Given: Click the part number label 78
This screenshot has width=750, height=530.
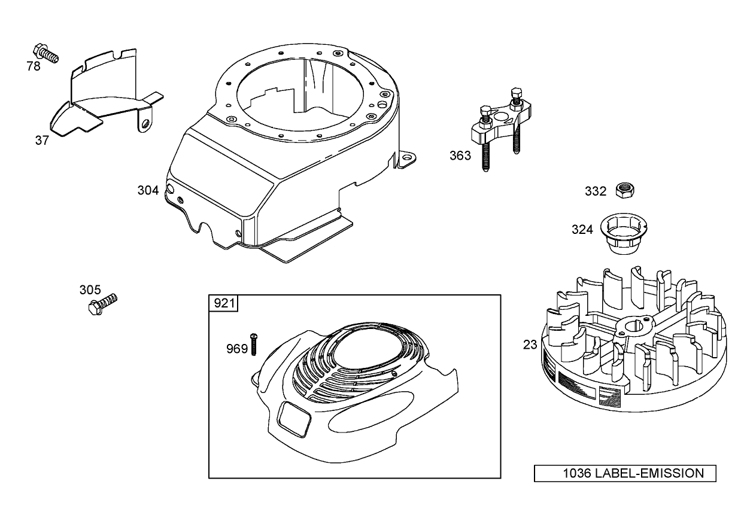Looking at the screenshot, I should pyautogui.click(x=34, y=66).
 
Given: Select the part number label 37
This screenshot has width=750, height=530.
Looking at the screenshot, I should pyautogui.click(x=42, y=141).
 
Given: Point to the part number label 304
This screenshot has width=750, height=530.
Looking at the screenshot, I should pyautogui.click(x=148, y=190).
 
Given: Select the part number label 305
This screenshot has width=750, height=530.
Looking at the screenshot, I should pyautogui.click(x=90, y=290).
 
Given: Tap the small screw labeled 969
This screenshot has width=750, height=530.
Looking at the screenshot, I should pyautogui.click(x=254, y=344).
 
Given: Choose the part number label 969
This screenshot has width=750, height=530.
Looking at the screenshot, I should pyautogui.click(x=237, y=349).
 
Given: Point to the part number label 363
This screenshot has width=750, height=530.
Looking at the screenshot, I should pyautogui.click(x=460, y=156).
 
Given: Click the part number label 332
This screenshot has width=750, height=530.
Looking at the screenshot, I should pyautogui.click(x=596, y=191).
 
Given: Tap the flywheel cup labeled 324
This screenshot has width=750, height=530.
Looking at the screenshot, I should pyautogui.click(x=621, y=234).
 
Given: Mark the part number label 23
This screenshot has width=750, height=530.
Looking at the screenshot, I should pyautogui.click(x=530, y=345).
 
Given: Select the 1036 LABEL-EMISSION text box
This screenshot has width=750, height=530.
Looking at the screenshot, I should pyautogui.click(x=625, y=473).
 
